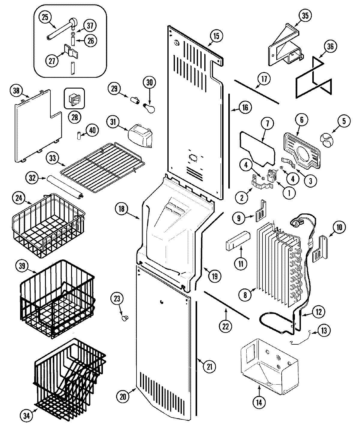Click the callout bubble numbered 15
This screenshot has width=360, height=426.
(216, 36)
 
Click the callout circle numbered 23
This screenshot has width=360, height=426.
(117, 299)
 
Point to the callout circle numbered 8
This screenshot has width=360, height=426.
(245, 295)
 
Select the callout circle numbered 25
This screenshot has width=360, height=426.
(44, 17)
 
